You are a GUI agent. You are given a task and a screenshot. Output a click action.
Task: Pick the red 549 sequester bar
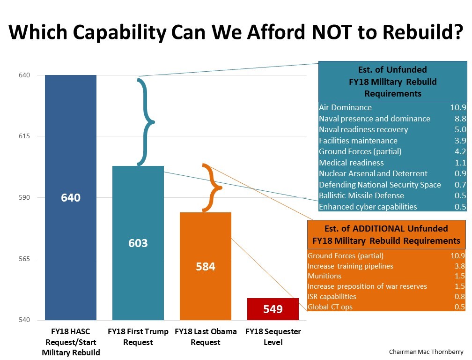click(273, 309)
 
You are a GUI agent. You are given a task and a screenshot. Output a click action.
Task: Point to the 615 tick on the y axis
click(24, 136)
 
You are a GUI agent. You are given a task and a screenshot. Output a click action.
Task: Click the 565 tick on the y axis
click(24, 259)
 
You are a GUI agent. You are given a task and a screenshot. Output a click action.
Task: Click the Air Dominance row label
click(345, 108)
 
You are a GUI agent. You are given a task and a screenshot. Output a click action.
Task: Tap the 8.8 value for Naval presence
click(460, 119)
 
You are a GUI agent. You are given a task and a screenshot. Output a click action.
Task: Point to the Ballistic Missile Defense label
click(361, 195)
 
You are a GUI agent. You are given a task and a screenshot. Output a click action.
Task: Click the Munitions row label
click(324, 276)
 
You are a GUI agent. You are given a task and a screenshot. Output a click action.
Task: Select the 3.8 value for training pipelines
click(459, 266)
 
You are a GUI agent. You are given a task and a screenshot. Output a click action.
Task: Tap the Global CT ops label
click(330, 307)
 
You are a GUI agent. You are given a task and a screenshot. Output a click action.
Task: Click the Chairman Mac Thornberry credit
click(426, 351)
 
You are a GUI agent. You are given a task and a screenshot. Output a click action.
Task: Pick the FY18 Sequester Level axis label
click(273, 337)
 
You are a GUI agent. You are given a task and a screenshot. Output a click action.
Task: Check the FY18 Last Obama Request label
click(206, 337)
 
